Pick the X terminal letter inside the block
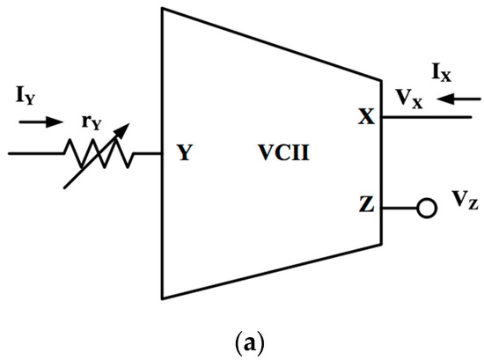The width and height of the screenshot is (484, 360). click(365, 117)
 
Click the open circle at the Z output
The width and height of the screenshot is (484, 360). click(428, 210)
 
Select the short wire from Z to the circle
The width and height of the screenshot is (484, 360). click(400, 210)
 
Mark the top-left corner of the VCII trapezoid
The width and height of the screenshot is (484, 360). click(163, 9)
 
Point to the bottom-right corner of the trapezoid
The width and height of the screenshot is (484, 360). click(381, 245)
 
